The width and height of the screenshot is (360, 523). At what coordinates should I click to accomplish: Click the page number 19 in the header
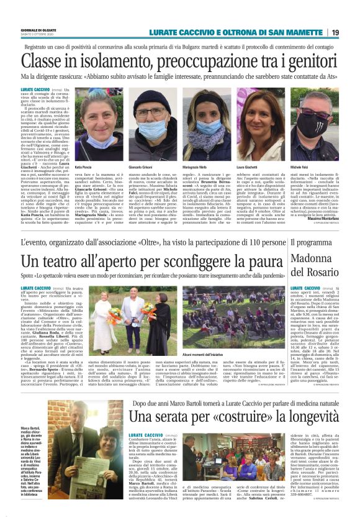(351, 32)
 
